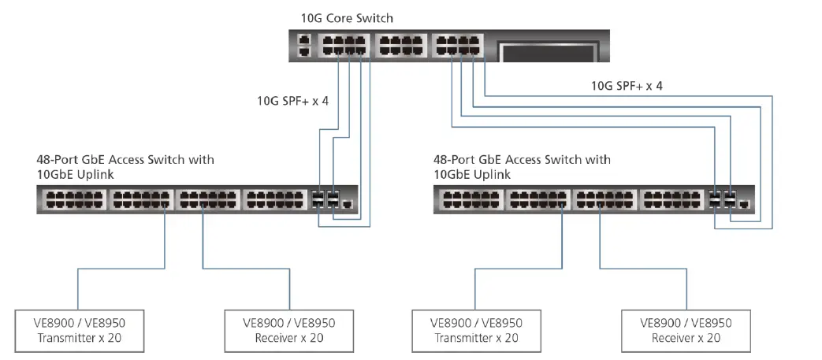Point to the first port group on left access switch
(x=72, y=200)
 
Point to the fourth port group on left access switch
(x=273, y=200)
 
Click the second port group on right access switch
(x=536, y=200)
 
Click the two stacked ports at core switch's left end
(x=303, y=46)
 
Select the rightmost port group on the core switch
(x=457, y=46)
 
